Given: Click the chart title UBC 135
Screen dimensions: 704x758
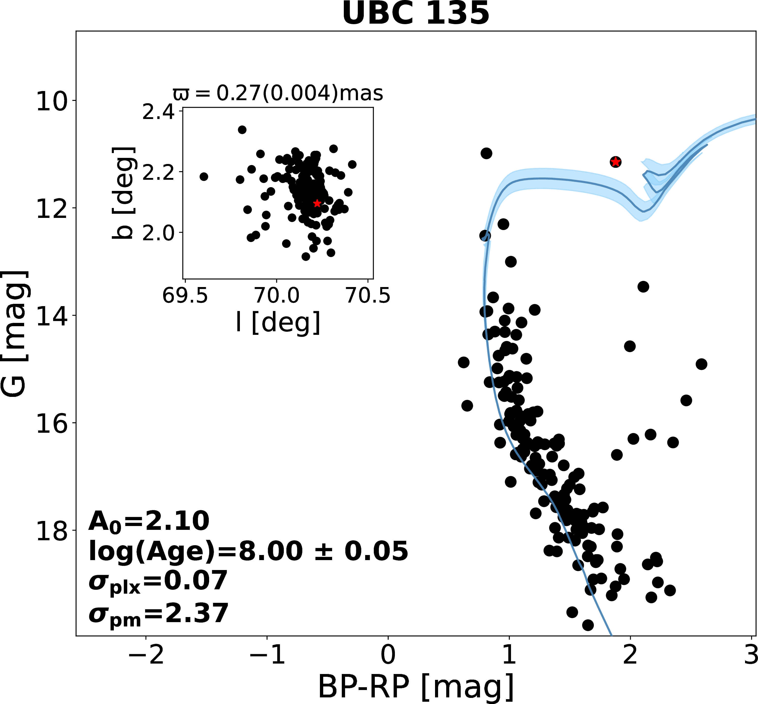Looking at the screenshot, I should click(416, 14).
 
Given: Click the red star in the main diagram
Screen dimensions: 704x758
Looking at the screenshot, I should click(615, 162).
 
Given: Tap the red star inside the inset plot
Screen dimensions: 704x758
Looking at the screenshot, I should click(317, 203).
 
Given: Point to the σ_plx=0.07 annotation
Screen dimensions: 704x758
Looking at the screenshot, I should click(158, 582).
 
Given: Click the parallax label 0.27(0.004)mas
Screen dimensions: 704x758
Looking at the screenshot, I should click(278, 93).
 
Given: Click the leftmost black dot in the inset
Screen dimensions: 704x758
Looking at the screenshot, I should click(204, 177).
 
